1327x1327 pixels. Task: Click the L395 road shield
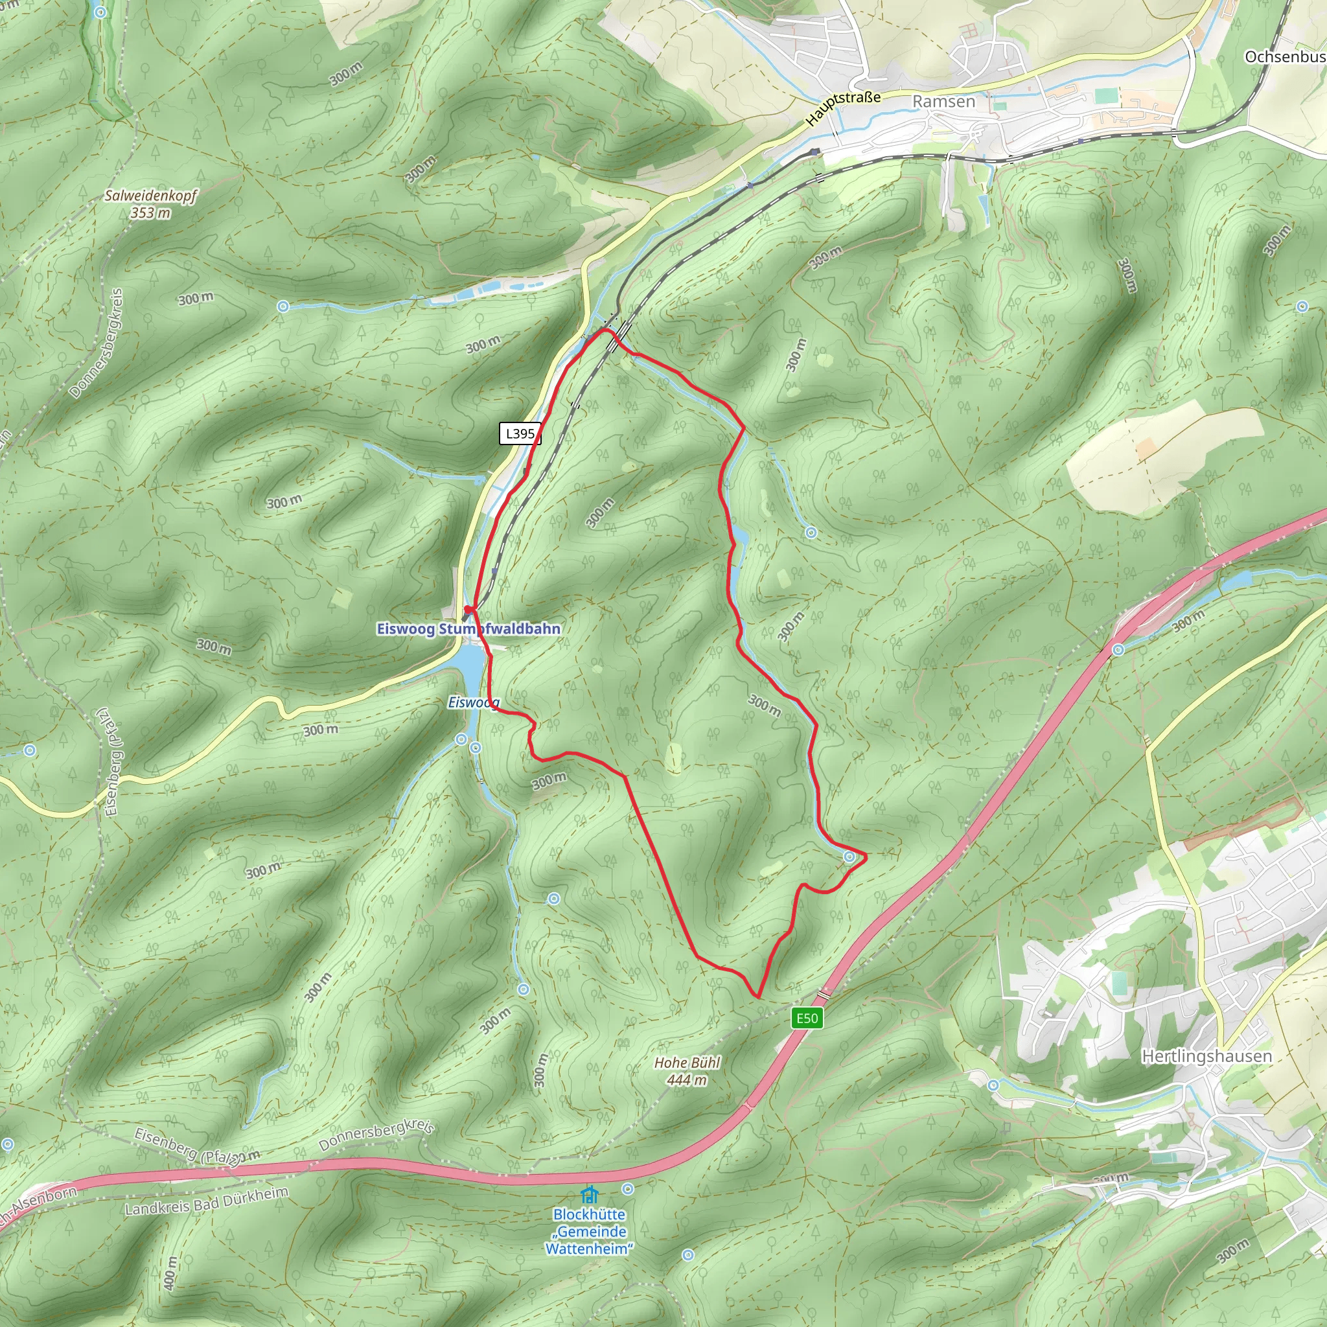click(520, 433)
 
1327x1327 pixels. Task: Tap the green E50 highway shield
click(807, 1017)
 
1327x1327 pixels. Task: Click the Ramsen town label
click(943, 102)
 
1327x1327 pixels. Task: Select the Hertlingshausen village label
click(1206, 1056)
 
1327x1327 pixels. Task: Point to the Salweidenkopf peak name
click(150, 196)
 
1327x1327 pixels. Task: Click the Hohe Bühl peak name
click(687, 1063)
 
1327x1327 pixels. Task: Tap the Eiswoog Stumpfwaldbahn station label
click(468, 629)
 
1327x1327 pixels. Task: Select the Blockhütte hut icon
click(588, 1194)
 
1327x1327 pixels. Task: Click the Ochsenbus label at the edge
click(1284, 56)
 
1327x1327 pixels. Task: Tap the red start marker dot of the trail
click(468, 609)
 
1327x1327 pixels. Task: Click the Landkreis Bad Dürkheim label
click(206, 1200)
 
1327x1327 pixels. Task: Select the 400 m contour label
click(170, 1272)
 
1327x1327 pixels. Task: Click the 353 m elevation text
click(150, 213)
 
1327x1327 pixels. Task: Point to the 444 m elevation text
click(687, 1079)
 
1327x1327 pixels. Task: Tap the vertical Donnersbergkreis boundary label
click(97, 343)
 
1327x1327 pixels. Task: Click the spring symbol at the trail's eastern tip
click(849, 857)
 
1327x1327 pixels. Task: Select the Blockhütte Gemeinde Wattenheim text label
click(588, 1232)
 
